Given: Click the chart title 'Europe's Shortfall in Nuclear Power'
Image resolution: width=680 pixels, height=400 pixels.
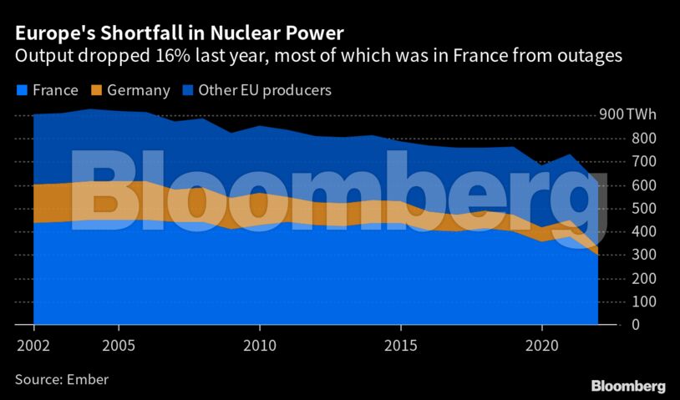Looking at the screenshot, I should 177,33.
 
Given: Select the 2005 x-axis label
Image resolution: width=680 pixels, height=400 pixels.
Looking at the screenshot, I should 119,344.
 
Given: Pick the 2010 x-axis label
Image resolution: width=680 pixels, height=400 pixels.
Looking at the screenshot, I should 260,344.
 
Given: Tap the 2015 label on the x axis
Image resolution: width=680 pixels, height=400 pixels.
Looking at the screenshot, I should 401,344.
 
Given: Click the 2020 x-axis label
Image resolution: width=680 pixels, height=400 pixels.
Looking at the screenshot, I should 542,344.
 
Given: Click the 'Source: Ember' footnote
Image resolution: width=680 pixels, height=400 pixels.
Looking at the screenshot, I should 62,379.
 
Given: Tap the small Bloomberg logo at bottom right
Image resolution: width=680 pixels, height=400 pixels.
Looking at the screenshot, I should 628,386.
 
